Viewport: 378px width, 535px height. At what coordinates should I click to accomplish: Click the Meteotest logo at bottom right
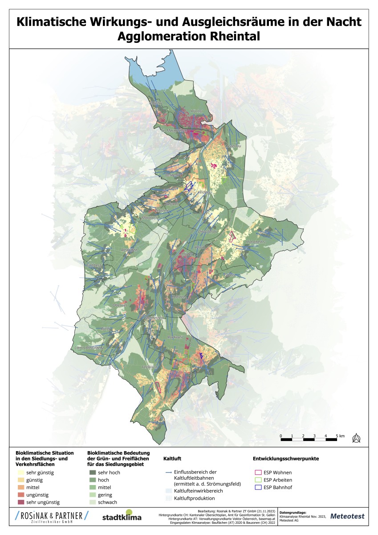coord(347,516)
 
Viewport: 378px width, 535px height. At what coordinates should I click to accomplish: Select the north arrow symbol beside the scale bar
coord(356,438)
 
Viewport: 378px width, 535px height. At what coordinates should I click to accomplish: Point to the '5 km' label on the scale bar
coord(341,435)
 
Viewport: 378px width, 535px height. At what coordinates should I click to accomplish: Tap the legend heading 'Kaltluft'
coord(172,458)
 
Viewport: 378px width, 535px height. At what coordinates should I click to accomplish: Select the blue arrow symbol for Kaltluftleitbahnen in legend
coord(168,472)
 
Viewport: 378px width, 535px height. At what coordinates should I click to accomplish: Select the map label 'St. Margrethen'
coord(173,131)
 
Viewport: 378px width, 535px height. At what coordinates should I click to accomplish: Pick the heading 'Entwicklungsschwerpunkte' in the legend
coord(285,458)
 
